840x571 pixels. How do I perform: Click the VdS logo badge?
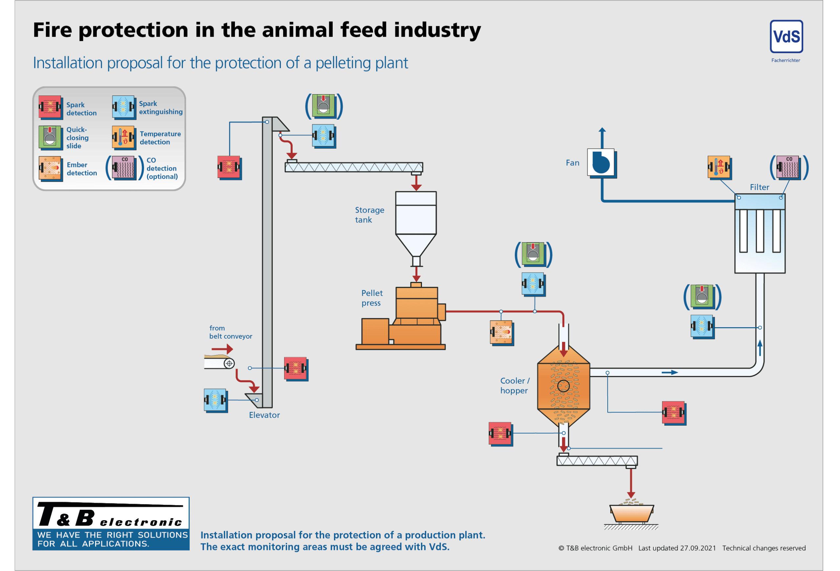click(x=786, y=37)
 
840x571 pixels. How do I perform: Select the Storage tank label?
click(x=369, y=215)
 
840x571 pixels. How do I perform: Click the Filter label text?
click(x=759, y=187)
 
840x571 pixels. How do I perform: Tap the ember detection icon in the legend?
click(x=50, y=168)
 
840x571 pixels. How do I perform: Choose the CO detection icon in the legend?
click(x=124, y=168)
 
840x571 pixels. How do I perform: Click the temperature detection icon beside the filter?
click(x=719, y=167)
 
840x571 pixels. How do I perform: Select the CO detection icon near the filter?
click(x=788, y=167)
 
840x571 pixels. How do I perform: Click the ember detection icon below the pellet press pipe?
click(x=501, y=332)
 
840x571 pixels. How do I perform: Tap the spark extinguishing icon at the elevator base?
click(x=216, y=400)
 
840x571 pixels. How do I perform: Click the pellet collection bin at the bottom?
click(x=631, y=513)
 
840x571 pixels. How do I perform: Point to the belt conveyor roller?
click(x=229, y=363)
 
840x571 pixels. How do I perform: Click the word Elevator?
click(x=264, y=415)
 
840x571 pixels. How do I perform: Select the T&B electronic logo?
click(x=111, y=523)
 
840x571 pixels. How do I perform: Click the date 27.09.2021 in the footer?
click(x=698, y=548)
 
